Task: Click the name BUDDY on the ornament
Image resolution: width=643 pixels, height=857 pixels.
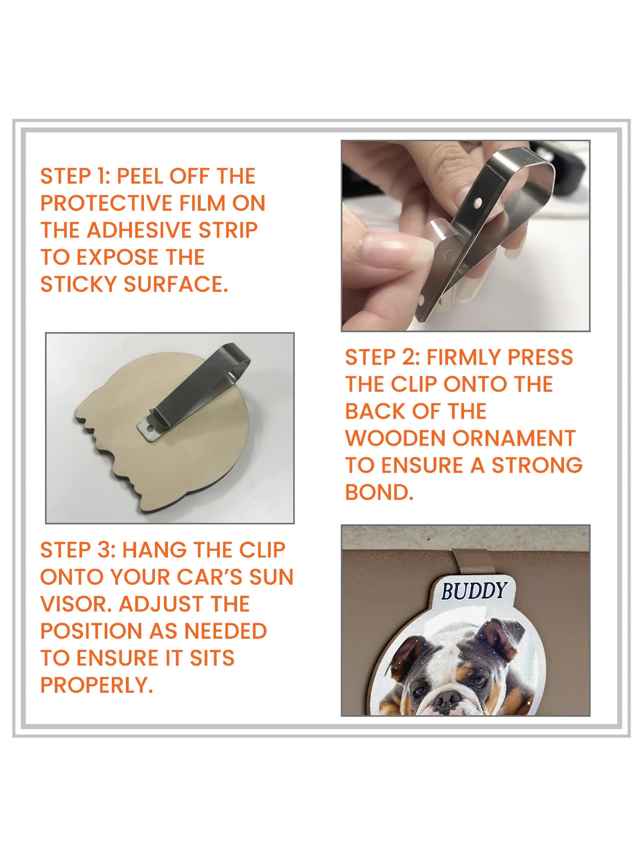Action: [x=474, y=591]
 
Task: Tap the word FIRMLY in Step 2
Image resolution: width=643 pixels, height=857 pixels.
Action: [x=464, y=357]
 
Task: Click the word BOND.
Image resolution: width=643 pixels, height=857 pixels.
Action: [x=379, y=493]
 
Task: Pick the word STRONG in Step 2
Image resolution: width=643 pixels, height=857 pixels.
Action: [x=537, y=465]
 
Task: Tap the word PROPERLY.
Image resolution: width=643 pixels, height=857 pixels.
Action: [x=96, y=685]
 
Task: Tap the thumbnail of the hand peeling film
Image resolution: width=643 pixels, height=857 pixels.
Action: [x=465, y=236]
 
